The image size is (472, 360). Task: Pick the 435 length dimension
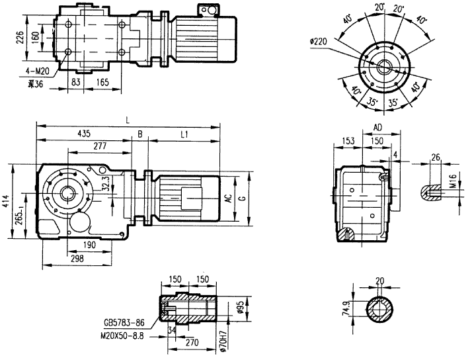pyautogui.click(x=84, y=134)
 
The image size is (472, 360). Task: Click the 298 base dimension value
pyautogui.click(x=77, y=258)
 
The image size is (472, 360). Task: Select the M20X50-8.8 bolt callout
pyautogui.click(x=128, y=336)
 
